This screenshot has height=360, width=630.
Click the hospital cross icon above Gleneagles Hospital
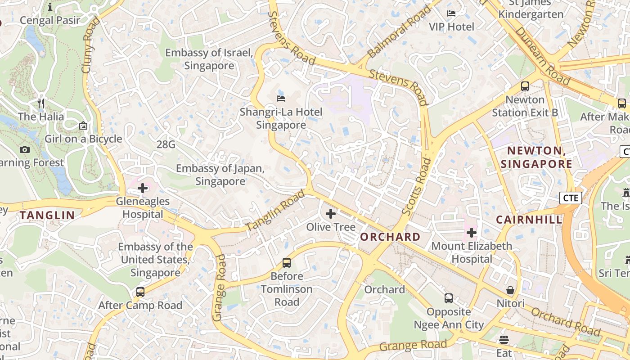(x=143, y=188)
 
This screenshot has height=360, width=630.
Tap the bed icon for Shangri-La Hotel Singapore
(x=281, y=98)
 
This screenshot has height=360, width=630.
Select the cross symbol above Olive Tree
(x=331, y=214)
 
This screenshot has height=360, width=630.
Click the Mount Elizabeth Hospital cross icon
(x=472, y=233)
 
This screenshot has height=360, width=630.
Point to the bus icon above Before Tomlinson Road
(x=287, y=262)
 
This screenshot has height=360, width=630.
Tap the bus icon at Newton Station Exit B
(x=525, y=86)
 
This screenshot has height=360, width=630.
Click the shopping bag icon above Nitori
(x=510, y=290)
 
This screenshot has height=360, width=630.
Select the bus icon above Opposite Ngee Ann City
(x=449, y=298)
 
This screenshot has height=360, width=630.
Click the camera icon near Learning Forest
(x=25, y=149)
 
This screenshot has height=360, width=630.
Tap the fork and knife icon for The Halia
(x=41, y=103)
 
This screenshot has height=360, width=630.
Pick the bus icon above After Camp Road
(x=140, y=292)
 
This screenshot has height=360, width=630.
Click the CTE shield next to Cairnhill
(x=571, y=198)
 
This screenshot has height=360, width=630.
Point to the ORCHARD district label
(x=390, y=237)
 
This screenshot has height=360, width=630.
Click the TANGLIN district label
(x=47, y=215)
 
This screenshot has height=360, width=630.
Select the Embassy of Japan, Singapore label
(x=220, y=175)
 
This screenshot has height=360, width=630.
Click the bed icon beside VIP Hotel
(x=451, y=13)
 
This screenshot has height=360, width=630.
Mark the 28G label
(x=166, y=144)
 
